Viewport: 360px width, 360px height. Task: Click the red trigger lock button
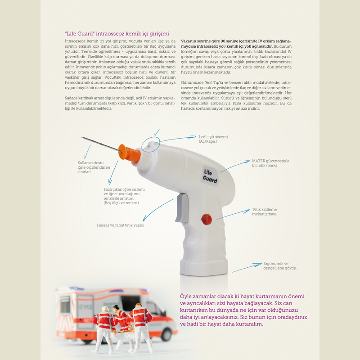click(x=207, y=219)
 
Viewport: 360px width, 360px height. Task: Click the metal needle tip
click(x=83, y=137)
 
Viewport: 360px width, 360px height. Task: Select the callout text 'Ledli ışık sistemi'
click(x=213, y=137)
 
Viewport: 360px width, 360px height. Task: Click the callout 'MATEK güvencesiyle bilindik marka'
click(x=270, y=163)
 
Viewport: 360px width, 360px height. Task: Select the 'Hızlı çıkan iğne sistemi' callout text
click(x=124, y=196)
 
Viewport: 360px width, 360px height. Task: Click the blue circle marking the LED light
click(x=151, y=145)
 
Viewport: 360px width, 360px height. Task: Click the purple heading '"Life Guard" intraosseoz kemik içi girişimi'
click(x=117, y=33)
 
